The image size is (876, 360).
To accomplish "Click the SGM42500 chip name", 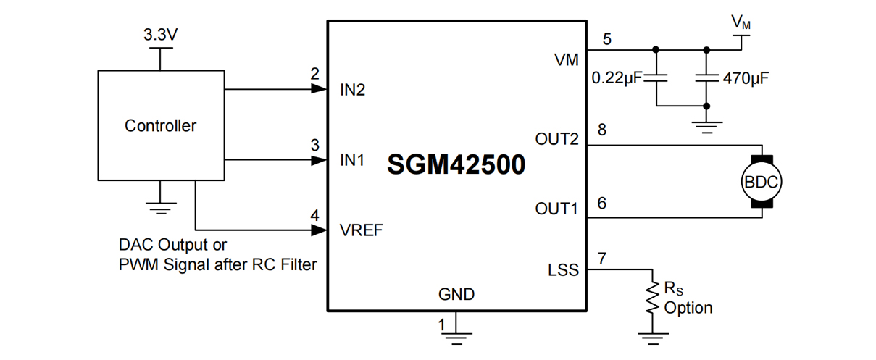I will pyautogui.click(x=456, y=165).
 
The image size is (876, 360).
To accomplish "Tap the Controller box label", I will pyautogui.click(x=160, y=126).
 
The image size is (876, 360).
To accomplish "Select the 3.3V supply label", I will pyautogui.click(x=162, y=34).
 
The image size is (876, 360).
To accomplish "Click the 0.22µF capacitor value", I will pyautogui.click(x=617, y=78).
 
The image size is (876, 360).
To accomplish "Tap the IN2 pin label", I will pyautogui.click(x=353, y=91).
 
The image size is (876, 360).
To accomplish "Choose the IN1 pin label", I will pyautogui.click(x=353, y=161).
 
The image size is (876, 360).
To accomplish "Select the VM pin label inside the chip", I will pyautogui.click(x=566, y=60).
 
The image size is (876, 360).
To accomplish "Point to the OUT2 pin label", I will pyautogui.click(x=556, y=138).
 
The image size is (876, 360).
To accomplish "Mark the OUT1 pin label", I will pyautogui.click(x=556, y=209).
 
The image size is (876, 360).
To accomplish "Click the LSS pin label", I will pyautogui.click(x=564, y=270).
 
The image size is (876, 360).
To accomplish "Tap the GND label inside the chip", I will pyautogui.click(x=456, y=294).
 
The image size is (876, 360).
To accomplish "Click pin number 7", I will pyautogui.click(x=601, y=258).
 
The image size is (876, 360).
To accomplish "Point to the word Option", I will pyautogui.click(x=688, y=308).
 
